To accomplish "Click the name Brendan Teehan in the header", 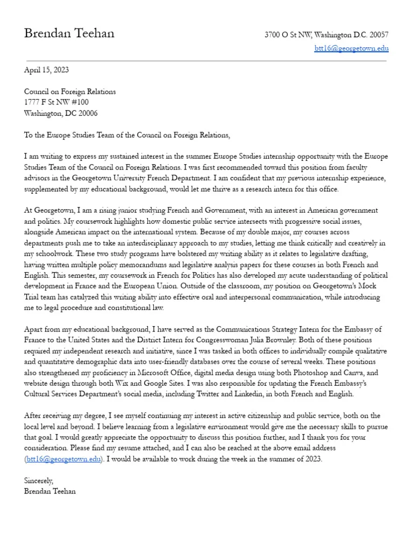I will (69, 33).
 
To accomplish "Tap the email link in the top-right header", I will (351, 48).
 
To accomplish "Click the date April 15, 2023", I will (46, 70).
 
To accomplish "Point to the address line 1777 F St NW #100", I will (56, 102).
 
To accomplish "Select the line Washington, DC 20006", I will (61, 113).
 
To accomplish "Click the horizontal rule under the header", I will (206, 60).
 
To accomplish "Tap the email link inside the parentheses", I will (63, 459).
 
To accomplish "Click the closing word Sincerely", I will (39, 481).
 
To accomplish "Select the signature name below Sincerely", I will (50, 491).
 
